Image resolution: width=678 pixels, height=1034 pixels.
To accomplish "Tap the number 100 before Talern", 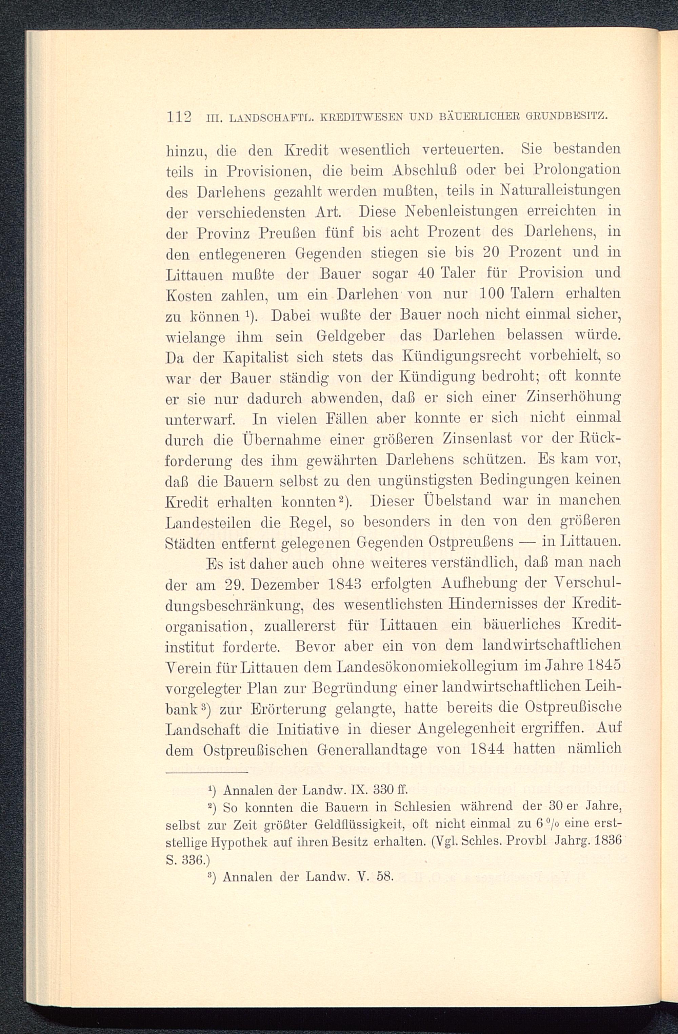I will [x=492, y=294].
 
